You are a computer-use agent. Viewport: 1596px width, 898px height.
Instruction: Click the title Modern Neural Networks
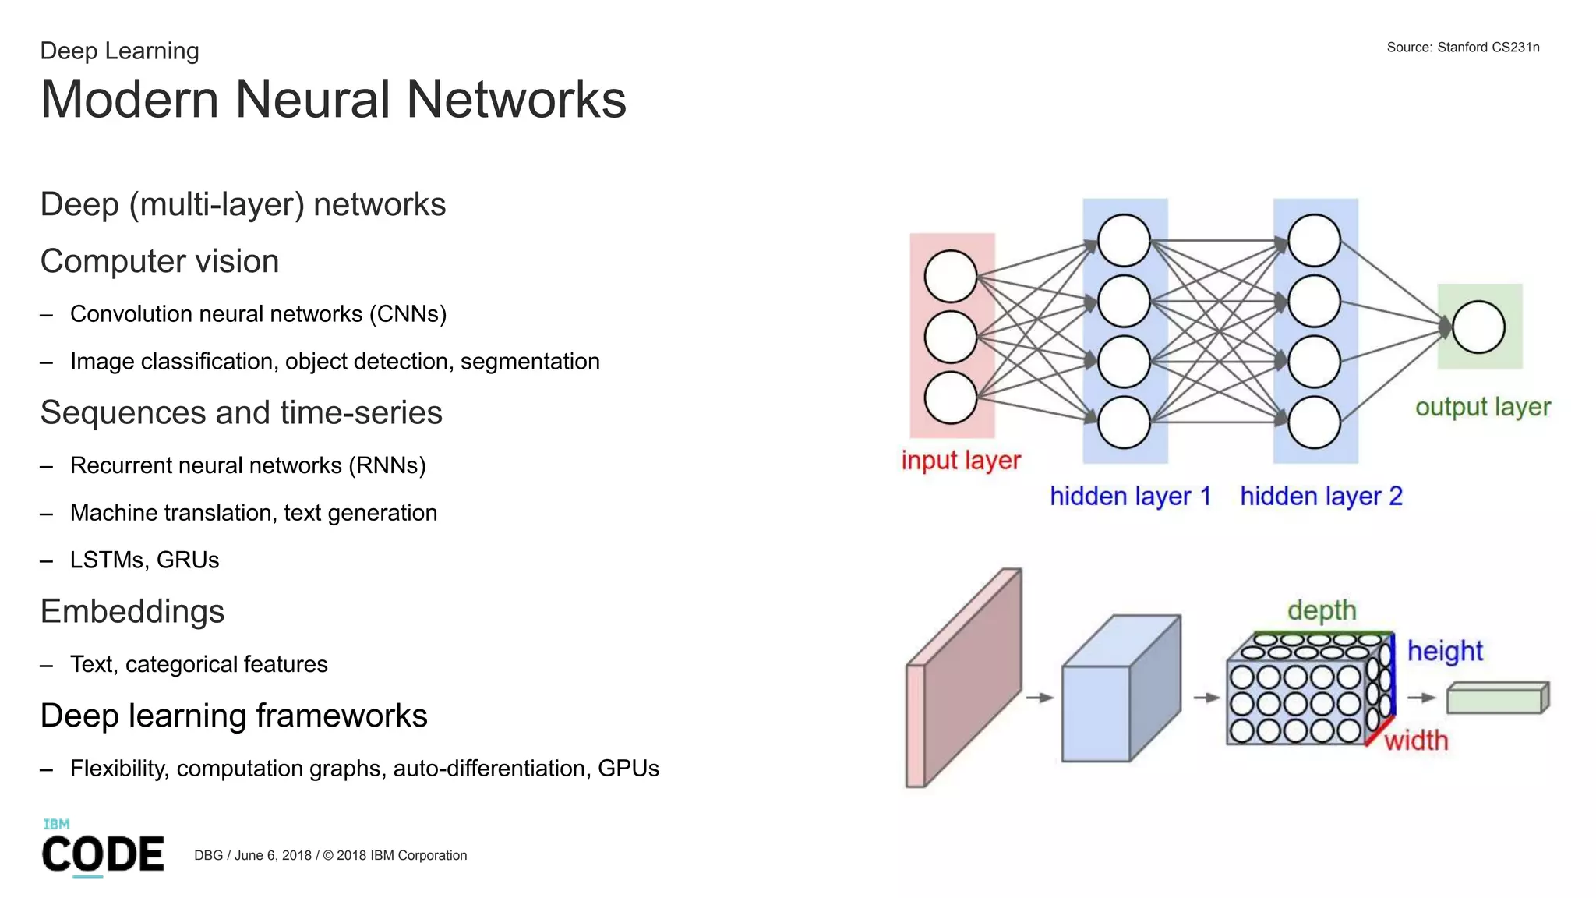point(333,100)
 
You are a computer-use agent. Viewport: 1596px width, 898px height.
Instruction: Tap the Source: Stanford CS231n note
point(1462,48)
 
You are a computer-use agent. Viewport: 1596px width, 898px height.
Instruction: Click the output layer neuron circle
point(1478,327)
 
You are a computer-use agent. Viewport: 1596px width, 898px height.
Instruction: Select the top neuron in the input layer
point(950,276)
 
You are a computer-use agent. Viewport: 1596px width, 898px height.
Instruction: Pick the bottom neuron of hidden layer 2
point(1314,422)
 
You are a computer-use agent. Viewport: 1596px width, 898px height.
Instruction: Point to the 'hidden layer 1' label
point(1130,496)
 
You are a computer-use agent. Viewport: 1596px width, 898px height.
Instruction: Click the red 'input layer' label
point(960,460)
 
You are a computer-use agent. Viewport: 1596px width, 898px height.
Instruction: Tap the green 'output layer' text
point(1482,407)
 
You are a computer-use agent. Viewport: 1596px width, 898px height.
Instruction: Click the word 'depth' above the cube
point(1321,610)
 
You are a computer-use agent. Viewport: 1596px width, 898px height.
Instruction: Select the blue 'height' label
point(1444,651)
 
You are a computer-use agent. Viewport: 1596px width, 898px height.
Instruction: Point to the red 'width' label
point(1416,740)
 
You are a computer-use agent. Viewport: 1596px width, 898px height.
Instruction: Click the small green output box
point(1496,698)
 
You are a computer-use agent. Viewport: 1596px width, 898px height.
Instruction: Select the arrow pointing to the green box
point(1421,698)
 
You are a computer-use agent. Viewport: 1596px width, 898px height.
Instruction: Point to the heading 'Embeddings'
point(132,611)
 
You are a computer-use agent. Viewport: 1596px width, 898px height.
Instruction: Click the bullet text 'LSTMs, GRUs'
point(144,560)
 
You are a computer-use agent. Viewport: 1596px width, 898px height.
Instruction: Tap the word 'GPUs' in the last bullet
point(628,769)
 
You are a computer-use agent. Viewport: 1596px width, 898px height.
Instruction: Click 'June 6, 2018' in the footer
point(273,855)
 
